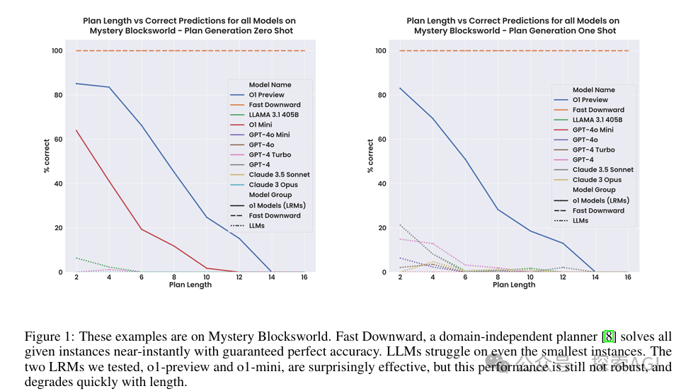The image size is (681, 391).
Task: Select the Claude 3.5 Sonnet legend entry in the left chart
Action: (x=279, y=174)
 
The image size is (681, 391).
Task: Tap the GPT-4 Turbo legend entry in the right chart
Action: (x=593, y=149)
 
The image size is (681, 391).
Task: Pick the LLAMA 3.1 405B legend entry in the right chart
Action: (x=597, y=120)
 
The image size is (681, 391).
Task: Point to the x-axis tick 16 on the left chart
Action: (x=304, y=277)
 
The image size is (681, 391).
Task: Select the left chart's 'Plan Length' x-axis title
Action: (x=190, y=285)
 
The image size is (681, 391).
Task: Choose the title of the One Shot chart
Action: (x=515, y=26)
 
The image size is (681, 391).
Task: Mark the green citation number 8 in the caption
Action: (x=608, y=336)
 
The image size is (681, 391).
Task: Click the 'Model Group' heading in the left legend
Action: (x=270, y=194)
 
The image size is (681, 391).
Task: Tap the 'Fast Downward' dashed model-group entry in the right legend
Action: (x=597, y=210)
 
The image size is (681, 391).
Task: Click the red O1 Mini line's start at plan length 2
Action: (x=76, y=130)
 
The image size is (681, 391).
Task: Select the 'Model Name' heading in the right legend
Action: (x=593, y=90)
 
